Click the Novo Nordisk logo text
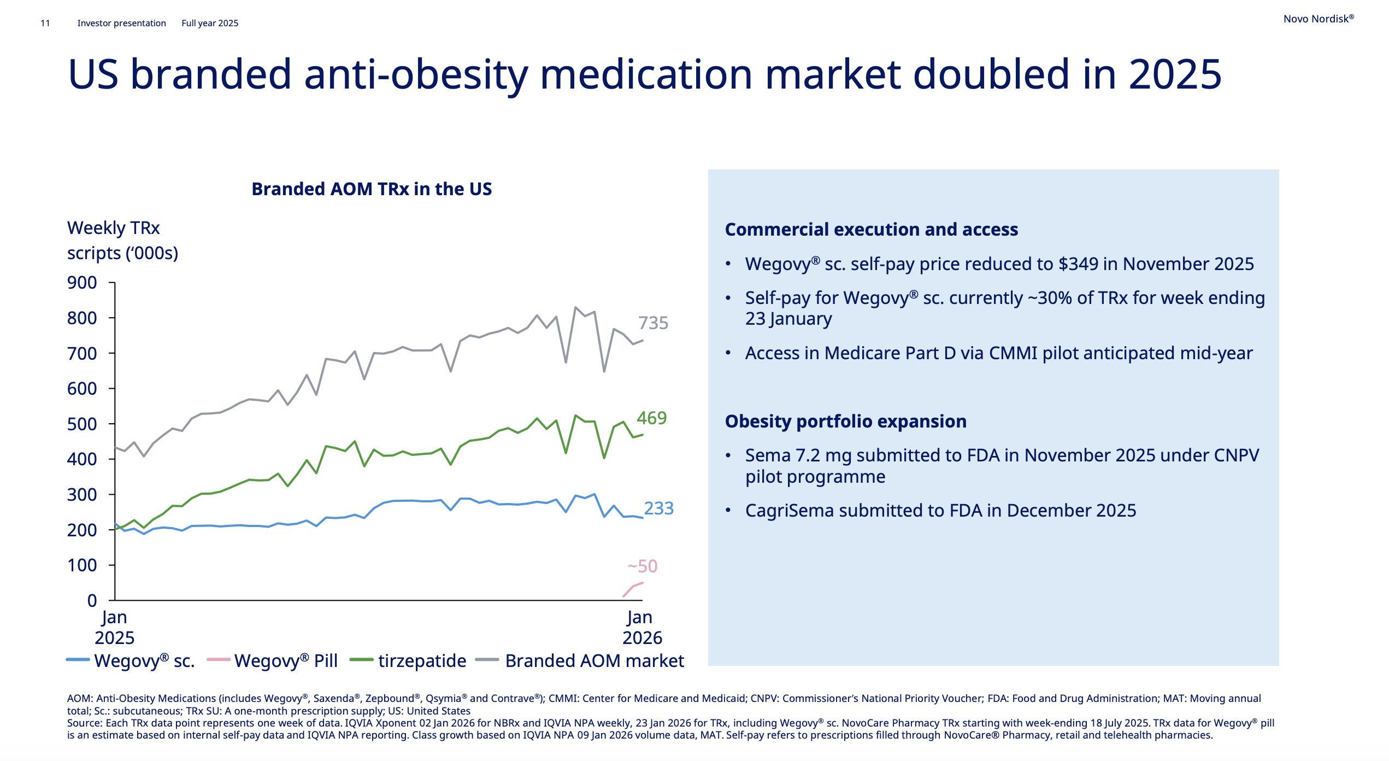point(1319,19)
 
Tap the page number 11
point(45,23)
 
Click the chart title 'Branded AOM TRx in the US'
point(372,189)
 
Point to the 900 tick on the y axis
point(82,283)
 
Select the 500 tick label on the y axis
point(82,424)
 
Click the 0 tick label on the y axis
point(92,600)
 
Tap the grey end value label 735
point(654,323)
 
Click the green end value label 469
point(652,418)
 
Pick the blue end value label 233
point(659,508)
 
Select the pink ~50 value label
point(643,566)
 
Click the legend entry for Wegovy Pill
point(273,661)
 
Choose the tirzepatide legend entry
point(408,661)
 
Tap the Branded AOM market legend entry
point(580,661)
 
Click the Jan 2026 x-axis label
point(642,628)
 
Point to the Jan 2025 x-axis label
point(114,628)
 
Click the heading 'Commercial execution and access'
point(872,230)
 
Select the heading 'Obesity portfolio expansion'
point(846,422)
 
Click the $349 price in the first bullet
point(1079,264)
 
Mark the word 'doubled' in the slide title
point(990,74)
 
